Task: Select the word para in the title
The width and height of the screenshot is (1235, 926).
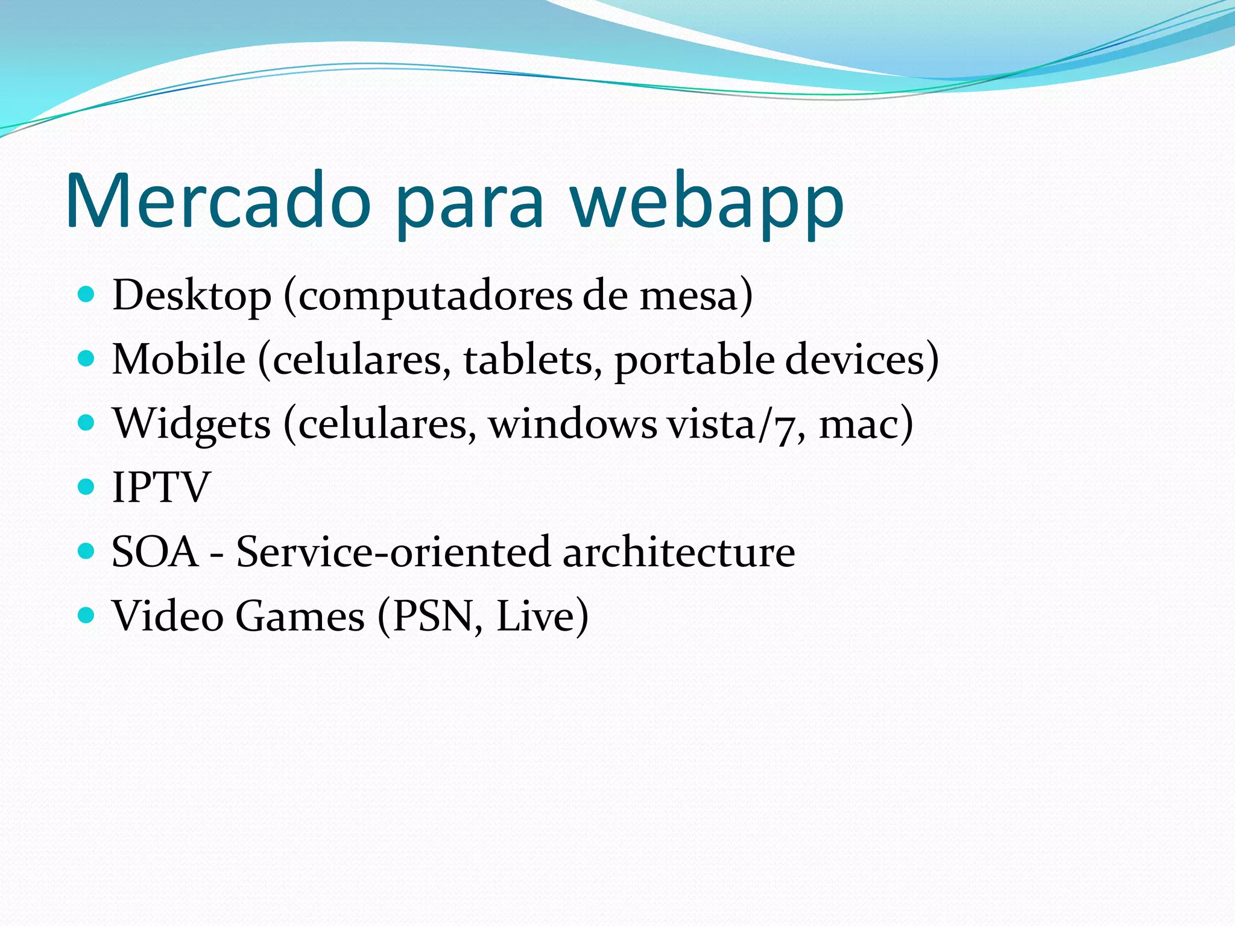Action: pos(470,205)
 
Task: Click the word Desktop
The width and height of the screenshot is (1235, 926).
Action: pos(192,296)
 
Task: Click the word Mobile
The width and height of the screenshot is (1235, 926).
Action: pos(179,359)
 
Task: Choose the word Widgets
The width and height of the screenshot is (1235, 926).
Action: pos(192,424)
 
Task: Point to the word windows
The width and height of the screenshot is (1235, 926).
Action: pos(572,423)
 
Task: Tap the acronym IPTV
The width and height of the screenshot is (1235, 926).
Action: pos(161,487)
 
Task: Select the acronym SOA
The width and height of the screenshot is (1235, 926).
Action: pos(155,552)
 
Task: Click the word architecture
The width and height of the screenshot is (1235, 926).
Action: pos(679,552)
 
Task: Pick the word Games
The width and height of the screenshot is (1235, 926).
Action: pos(300,616)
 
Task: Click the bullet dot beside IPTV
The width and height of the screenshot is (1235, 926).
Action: pos(87,486)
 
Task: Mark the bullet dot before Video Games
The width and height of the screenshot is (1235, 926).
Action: pos(87,615)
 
